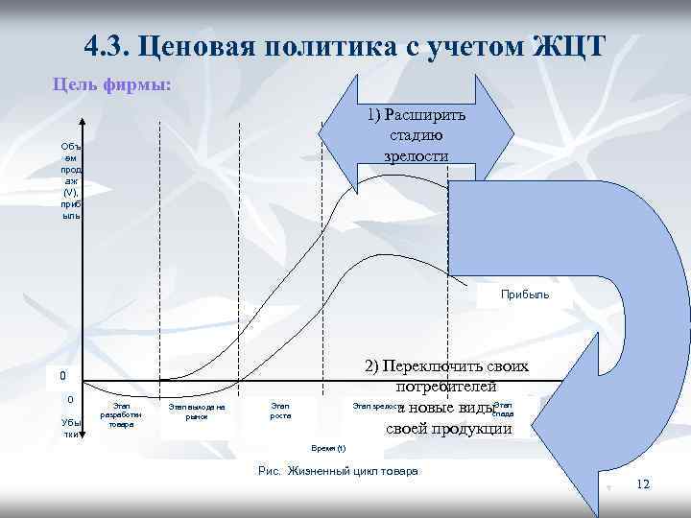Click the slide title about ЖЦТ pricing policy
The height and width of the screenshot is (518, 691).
click(345, 45)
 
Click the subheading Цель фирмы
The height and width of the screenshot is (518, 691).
click(111, 83)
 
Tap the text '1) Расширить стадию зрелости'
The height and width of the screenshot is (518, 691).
click(417, 135)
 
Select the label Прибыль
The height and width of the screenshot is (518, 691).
click(525, 294)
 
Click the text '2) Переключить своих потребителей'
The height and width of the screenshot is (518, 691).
click(446, 377)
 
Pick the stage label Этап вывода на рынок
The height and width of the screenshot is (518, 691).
click(196, 412)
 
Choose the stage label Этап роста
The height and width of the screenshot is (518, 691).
click(280, 412)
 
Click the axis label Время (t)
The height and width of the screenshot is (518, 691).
click(328, 448)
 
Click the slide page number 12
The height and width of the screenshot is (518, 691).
click(643, 484)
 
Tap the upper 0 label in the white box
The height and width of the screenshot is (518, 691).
click(62, 376)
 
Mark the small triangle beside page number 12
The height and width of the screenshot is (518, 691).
click(608, 487)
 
